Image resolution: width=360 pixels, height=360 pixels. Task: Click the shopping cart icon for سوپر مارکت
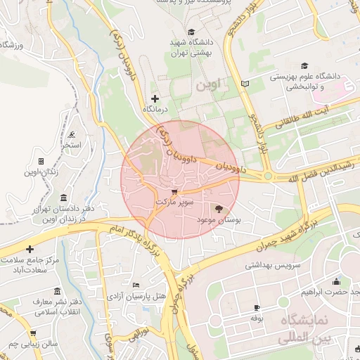click(174, 191)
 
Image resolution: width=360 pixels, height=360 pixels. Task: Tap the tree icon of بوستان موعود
click(219, 209)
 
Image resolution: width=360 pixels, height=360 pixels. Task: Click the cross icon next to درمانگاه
click(155, 98)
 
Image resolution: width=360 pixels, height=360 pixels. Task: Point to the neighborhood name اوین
click(208, 85)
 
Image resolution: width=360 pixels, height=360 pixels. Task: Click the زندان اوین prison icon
click(41, 161)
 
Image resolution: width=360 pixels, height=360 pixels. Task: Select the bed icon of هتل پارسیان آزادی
click(136, 285)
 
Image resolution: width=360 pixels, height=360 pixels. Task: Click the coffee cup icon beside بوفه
click(257, 307)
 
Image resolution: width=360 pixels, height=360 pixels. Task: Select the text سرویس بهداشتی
click(273, 266)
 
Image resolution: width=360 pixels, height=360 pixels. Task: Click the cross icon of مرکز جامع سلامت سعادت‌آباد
click(30, 249)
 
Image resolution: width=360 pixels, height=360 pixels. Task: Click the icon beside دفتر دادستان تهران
click(64, 198)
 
